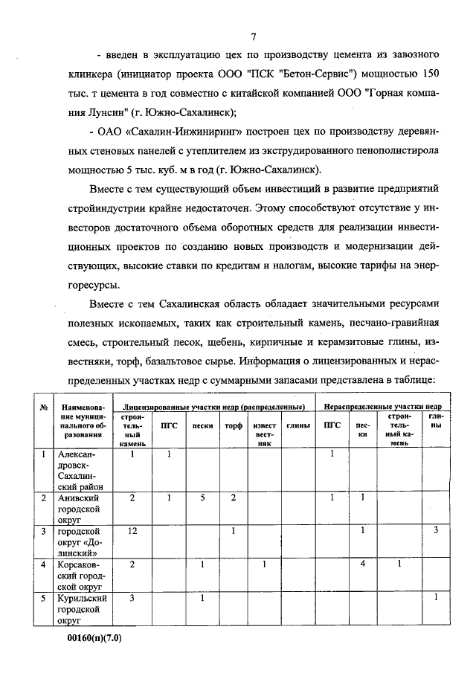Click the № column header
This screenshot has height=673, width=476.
(44, 408)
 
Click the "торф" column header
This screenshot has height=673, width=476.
(234, 426)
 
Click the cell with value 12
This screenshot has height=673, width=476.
(132, 531)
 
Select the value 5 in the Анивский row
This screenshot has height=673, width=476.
(202, 497)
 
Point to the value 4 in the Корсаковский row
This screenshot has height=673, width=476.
(362, 564)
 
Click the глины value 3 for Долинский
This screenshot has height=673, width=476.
(436, 531)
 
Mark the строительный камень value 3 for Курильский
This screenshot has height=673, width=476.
(132, 598)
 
